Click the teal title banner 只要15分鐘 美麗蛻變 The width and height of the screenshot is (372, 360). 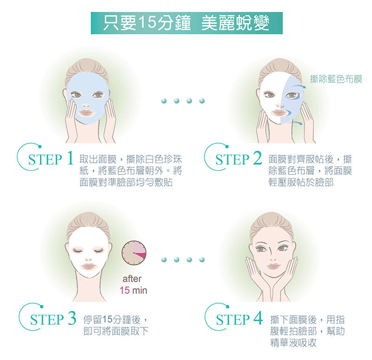(187, 23)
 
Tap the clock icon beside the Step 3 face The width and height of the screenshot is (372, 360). (134, 253)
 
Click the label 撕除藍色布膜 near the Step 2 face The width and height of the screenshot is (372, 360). (336, 79)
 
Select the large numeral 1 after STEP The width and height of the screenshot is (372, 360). (70, 158)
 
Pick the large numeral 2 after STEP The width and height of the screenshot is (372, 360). (258, 158)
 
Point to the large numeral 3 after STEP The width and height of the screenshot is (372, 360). (72, 318)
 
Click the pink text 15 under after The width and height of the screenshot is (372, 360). (125, 290)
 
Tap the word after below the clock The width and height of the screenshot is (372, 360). (132, 279)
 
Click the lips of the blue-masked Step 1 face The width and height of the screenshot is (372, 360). (86, 113)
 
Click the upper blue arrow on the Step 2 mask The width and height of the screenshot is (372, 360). (299, 87)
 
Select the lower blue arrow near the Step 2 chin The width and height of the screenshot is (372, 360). (298, 122)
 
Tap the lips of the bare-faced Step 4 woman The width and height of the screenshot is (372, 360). (273, 266)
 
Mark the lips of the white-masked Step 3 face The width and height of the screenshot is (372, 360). (89, 266)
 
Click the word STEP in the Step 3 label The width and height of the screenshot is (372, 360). (47, 320)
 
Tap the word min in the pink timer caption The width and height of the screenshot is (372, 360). (139, 290)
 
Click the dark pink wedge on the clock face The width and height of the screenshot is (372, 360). (140, 256)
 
